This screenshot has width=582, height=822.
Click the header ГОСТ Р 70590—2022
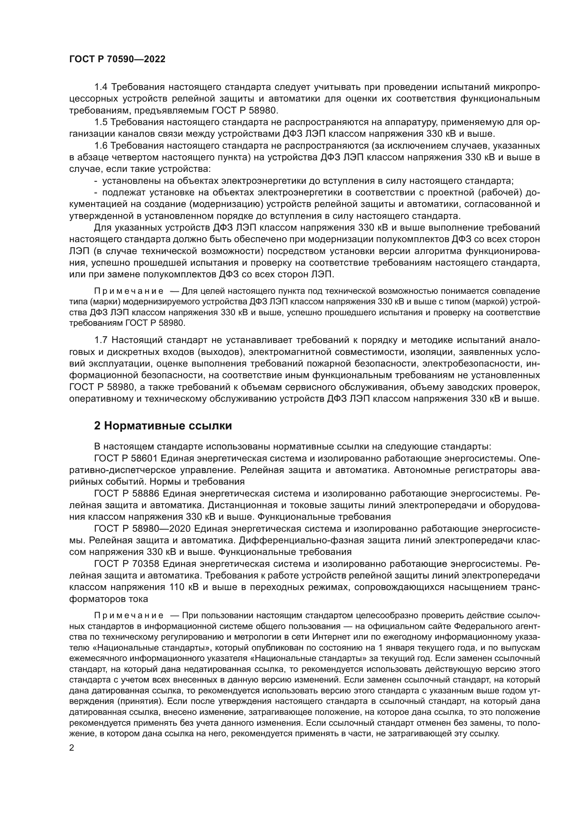pyautogui.click(x=117, y=59)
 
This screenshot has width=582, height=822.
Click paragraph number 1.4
pyautogui.click(x=101, y=87)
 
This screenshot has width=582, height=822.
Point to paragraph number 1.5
pyautogui.click(x=101, y=122)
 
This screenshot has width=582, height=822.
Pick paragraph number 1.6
pyautogui.click(x=101, y=146)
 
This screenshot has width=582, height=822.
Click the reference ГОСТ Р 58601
pyautogui.click(x=127, y=458)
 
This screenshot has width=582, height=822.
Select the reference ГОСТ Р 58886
pyautogui.click(x=127, y=493)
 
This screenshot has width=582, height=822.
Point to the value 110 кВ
pyautogui.click(x=179, y=587)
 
